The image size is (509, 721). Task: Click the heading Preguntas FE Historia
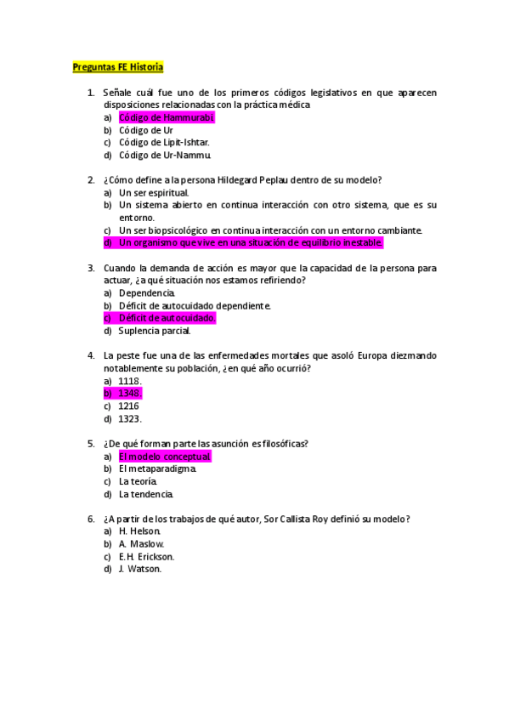(x=117, y=66)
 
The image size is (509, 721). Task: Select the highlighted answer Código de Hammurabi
(x=167, y=117)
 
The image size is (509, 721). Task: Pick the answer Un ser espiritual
(x=154, y=193)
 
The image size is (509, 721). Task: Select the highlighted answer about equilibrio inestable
(x=252, y=243)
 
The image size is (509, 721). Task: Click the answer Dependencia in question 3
(x=147, y=292)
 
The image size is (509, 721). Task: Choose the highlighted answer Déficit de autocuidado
(x=167, y=318)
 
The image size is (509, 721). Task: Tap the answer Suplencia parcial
(x=155, y=331)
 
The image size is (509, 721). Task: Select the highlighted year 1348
(x=129, y=394)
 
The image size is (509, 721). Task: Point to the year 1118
(x=129, y=381)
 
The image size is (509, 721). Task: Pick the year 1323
(x=130, y=418)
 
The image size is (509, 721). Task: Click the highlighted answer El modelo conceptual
(x=164, y=457)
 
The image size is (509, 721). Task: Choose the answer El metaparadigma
(x=157, y=468)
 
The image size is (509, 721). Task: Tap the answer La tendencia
(x=146, y=494)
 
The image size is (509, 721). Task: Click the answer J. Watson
(x=139, y=569)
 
